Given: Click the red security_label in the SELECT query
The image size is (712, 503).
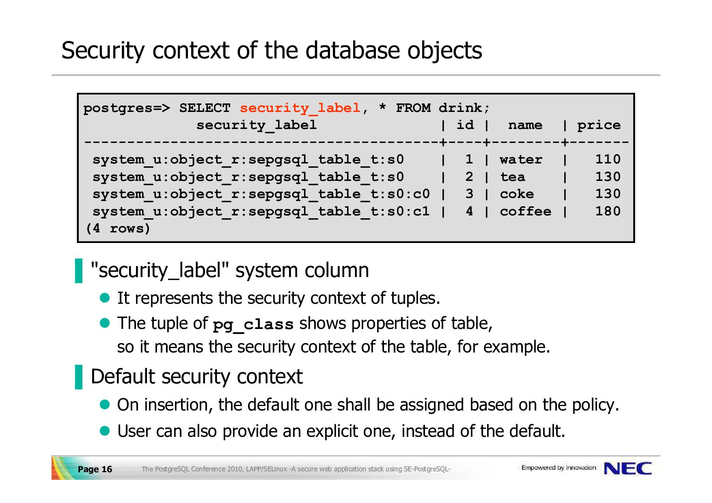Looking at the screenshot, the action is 300,108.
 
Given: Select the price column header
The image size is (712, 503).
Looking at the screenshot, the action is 599,125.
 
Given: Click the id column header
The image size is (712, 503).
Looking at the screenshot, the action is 465,125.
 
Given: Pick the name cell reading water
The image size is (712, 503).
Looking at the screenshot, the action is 521,159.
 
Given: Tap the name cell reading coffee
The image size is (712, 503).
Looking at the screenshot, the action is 525,211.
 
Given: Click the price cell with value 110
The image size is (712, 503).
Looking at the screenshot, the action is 608,159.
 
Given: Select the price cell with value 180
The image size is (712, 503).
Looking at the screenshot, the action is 608,211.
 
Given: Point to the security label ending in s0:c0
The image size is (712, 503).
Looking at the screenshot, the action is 261,194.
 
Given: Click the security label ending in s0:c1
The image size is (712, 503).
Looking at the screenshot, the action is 261,211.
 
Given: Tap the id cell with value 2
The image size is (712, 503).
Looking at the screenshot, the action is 469,176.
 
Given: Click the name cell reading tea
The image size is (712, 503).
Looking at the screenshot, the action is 512,177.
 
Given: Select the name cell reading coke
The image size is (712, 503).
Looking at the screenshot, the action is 517,194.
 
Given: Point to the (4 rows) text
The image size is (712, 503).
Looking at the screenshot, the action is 118,228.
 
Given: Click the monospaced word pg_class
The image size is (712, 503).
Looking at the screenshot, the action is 253,325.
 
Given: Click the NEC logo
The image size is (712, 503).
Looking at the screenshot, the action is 628,469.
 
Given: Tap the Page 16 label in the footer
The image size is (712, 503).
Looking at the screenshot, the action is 95,469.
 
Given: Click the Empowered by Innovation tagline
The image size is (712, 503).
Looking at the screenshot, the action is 559,468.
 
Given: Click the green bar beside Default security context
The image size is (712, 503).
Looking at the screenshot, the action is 79,377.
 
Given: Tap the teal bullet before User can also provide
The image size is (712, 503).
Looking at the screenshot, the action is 105,430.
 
